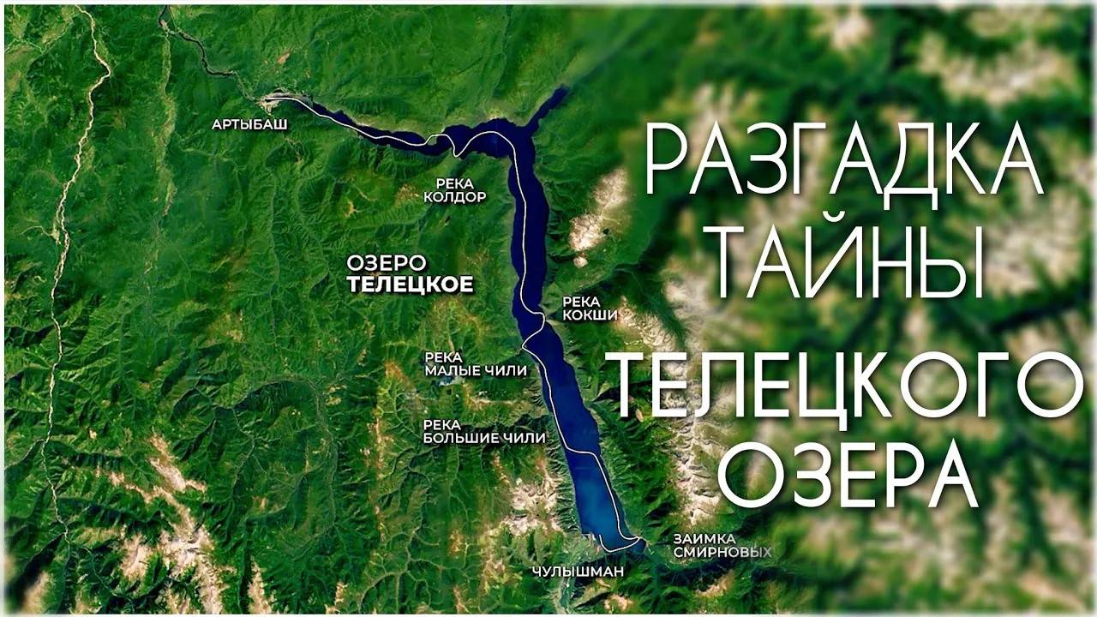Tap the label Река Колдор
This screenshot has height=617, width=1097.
click(x=455, y=189)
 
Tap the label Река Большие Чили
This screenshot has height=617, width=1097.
click(x=484, y=431)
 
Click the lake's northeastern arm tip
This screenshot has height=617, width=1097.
click(x=561, y=91)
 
